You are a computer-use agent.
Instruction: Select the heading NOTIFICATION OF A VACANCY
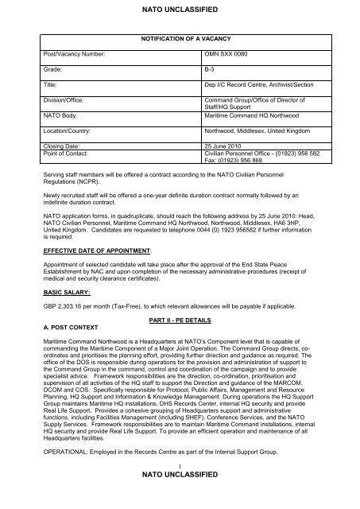[180, 37]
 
